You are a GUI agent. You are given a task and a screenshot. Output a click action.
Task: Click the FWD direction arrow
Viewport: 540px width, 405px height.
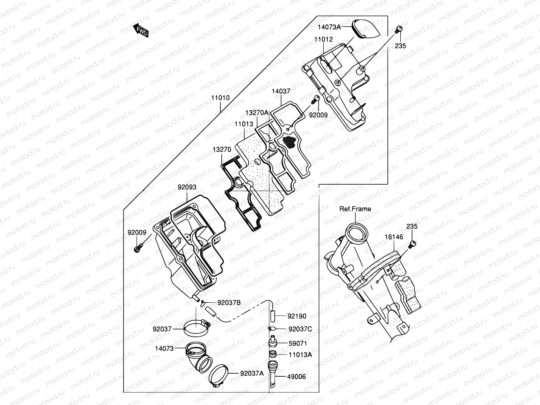(141, 30)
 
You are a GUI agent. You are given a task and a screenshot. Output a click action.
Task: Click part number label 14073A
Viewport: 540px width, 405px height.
(329, 26)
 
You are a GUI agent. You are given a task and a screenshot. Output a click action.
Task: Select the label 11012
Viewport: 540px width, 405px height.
(323, 39)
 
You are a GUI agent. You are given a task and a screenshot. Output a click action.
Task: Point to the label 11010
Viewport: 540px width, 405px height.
(220, 98)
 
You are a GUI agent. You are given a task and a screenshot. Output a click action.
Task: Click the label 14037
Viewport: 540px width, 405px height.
(281, 91)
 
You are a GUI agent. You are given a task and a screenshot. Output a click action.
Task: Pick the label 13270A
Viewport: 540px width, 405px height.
(257, 112)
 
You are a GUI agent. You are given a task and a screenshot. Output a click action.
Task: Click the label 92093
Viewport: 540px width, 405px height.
(187, 187)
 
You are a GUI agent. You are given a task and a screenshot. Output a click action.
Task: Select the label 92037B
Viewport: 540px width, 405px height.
(229, 303)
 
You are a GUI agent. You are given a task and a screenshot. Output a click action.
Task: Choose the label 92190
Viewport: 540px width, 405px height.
(297, 316)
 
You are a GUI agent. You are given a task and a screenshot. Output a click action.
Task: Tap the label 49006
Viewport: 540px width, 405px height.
(296, 377)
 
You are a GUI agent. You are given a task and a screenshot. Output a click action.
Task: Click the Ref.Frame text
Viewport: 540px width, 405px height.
(355, 209)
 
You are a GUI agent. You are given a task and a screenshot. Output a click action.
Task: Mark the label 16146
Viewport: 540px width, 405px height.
(394, 237)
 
